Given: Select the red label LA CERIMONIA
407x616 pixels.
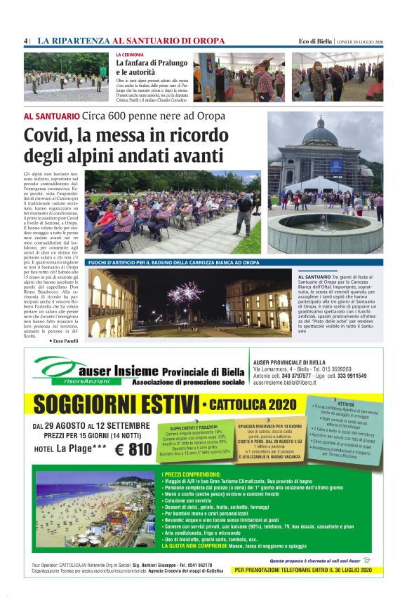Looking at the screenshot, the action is click(130, 55).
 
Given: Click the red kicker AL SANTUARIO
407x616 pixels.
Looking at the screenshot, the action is click(51, 116).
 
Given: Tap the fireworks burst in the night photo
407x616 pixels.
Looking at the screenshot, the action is click(185, 292).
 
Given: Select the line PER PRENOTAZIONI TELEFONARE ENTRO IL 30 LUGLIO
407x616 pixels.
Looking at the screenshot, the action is click(308, 570).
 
